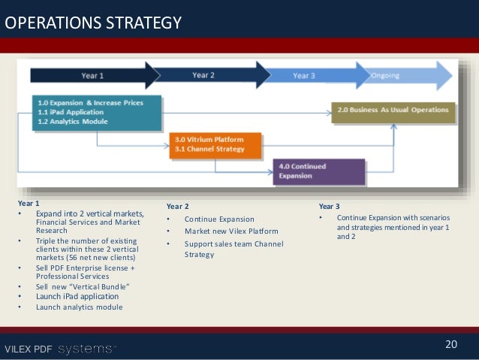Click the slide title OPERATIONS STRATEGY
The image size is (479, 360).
click(93, 23)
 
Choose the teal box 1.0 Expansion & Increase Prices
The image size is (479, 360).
click(97, 110)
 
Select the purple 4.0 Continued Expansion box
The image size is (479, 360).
click(318, 171)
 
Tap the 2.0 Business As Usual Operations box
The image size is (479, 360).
click(393, 110)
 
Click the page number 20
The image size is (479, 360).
click(450, 344)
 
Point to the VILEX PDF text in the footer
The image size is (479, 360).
click(27, 349)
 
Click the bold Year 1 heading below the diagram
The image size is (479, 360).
click(29, 204)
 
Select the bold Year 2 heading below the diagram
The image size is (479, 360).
click(178, 205)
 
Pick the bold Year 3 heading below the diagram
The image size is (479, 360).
click(330, 205)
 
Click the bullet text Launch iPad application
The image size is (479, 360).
click(77, 296)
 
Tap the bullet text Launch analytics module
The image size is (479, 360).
click(79, 307)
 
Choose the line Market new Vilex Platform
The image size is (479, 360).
click(231, 231)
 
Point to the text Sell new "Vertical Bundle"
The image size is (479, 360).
click(82, 286)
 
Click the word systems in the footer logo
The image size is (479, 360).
click(87, 349)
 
